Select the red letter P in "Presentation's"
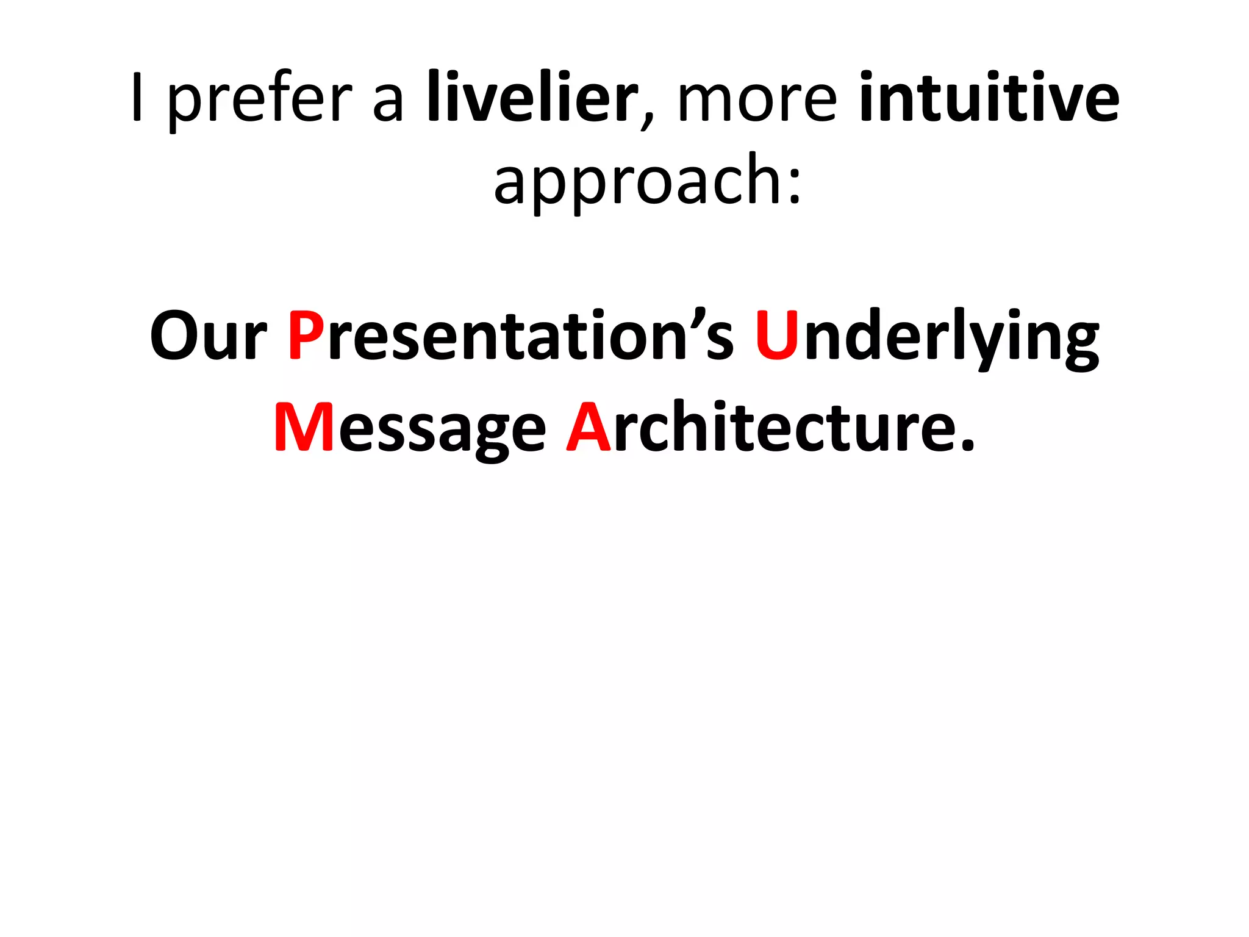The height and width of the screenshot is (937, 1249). tap(306, 336)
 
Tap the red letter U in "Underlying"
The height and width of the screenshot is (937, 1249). tap(776, 336)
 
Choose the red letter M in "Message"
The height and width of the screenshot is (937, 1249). tap(303, 428)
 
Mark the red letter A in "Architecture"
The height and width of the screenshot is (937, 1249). tap(589, 428)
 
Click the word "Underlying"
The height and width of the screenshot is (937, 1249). tap(926, 337)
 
